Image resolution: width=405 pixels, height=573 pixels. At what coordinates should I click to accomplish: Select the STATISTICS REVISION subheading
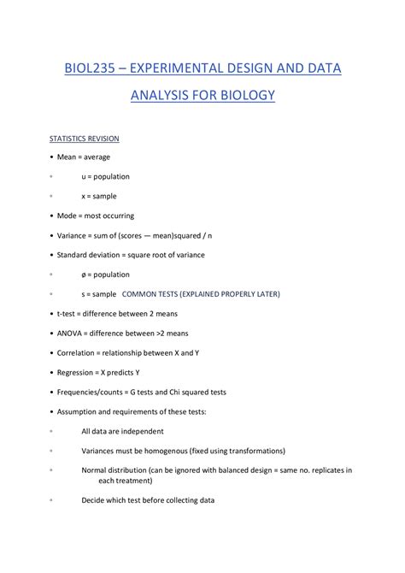click(83, 138)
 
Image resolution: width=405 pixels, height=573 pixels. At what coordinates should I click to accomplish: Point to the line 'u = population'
click(105, 176)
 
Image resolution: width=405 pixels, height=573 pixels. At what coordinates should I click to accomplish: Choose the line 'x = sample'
click(99, 196)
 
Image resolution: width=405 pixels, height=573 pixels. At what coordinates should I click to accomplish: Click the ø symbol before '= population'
click(84, 275)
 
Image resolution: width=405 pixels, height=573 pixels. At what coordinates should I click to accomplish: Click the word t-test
click(70, 314)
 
